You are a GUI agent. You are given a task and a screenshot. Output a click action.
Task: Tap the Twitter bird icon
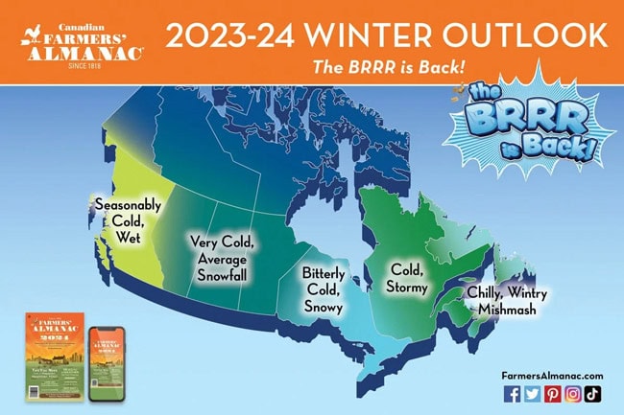coord(532,394)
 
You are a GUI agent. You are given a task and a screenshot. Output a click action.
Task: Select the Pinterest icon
coord(553,394)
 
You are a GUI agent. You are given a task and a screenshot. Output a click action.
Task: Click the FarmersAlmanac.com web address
coord(553,376)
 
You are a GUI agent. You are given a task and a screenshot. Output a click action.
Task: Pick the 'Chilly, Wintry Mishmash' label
coord(501,300)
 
